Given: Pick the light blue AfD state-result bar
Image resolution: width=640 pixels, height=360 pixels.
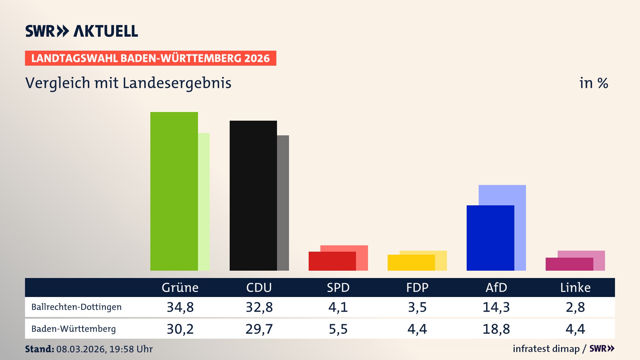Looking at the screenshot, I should pyautogui.click(x=503, y=195).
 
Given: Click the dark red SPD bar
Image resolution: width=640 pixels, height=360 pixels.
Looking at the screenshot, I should pyautogui.click(x=332, y=261).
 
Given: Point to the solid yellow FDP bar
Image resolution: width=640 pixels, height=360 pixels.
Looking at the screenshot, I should pyautogui.click(x=411, y=263).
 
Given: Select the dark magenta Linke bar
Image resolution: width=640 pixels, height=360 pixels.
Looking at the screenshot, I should pyautogui.click(x=569, y=264).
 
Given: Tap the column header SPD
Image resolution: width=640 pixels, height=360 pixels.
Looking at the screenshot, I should pyautogui.click(x=338, y=287).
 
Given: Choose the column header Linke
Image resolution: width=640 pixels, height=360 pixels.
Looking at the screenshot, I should pyautogui.click(x=575, y=287).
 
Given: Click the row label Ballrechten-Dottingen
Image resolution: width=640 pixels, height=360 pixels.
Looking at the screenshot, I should pyautogui.click(x=76, y=307).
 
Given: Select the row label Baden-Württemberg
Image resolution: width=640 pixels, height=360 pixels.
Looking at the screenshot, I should pyautogui.click(x=73, y=329).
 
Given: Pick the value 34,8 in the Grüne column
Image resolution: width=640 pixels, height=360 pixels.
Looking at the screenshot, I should pyautogui.click(x=180, y=307).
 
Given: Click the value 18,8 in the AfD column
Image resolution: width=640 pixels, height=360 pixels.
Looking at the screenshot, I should pyautogui.click(x=496, y=329).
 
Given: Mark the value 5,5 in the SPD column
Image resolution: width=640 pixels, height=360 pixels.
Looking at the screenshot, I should pyautogui.click(x=338, y=329).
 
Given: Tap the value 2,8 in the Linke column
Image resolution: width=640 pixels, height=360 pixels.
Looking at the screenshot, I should pyautogui.click(x=575, y=307).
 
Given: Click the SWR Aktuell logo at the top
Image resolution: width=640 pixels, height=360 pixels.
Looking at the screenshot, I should pyautogui.click(x=82, y=31).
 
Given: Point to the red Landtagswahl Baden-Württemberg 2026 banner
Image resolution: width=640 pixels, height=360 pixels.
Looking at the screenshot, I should pyautogui.click(x=150, y=58).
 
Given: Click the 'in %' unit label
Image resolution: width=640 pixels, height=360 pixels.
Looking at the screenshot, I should pyautogui.click(x=593, y=83).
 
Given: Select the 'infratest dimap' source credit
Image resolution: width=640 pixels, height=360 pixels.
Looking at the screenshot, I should pyautogui.click(x=546, y=349).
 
